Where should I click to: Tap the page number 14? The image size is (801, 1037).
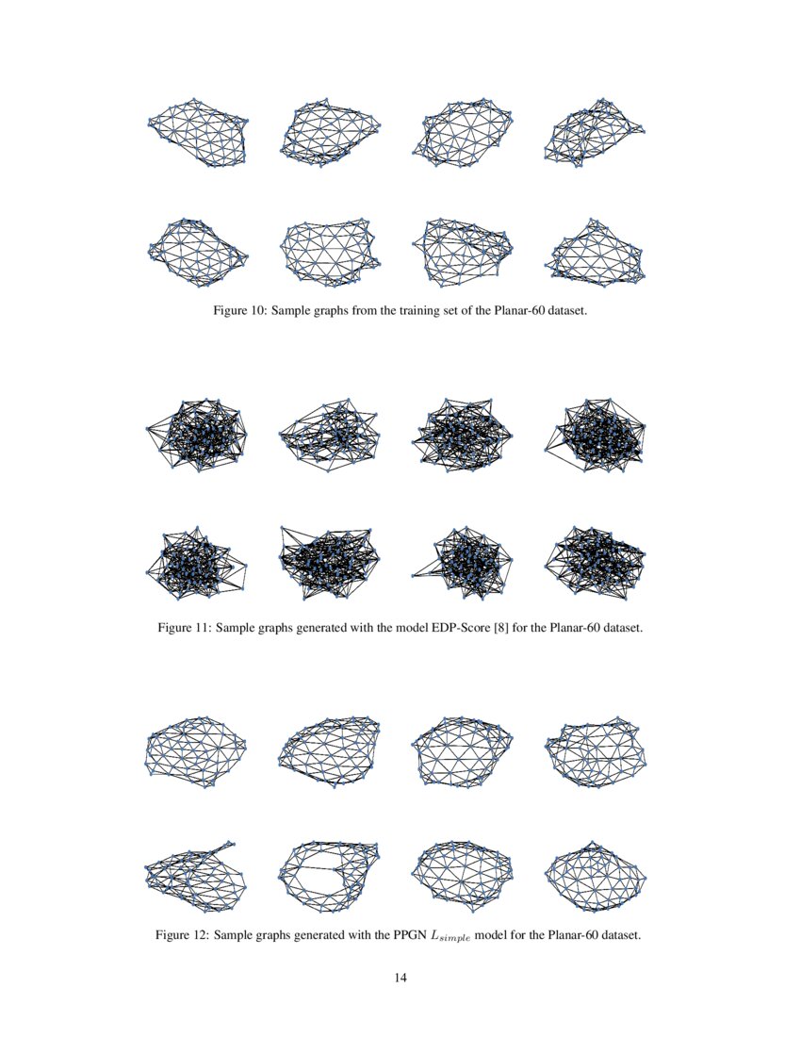tap(400, 978)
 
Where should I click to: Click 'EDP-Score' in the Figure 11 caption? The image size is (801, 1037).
tap(455, 627)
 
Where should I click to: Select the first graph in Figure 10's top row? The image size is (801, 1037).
tap(198, 132)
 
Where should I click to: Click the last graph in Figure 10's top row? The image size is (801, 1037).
tap(595, 132)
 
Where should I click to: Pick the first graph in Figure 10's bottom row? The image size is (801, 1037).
tap(198, 253)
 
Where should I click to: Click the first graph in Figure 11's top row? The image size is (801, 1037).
tap(198, 434)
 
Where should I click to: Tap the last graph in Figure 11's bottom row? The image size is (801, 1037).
tap(595, 563)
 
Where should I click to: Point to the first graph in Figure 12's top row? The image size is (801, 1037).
tap(196, 751)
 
